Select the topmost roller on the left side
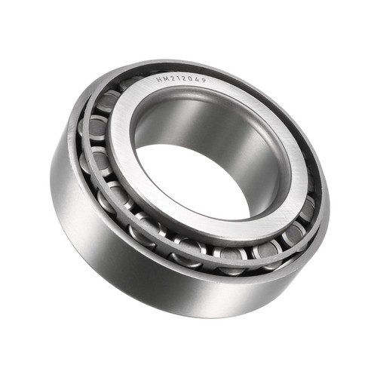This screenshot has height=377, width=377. [106, 101]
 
